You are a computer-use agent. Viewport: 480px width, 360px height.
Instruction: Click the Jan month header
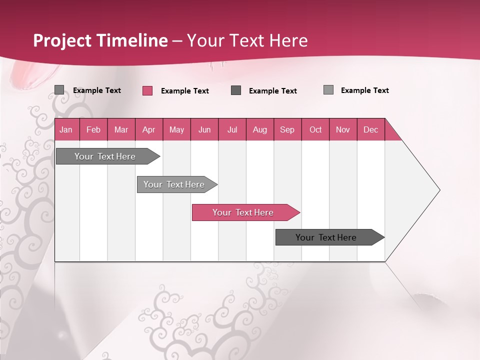tap(66, 129)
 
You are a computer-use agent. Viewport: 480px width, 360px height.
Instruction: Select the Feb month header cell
tap(93, 129)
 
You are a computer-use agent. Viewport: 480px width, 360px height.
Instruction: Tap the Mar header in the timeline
tap(121, 129)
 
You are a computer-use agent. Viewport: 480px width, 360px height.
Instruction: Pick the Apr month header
tap(149, 129)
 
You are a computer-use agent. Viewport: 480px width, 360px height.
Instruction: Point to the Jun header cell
tap(204, 129)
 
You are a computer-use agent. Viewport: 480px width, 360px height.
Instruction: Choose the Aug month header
tap(260, 129)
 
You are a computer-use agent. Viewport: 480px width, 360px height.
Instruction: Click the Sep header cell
tap(287, 129)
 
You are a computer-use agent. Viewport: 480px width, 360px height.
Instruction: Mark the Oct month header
tap(315, 129)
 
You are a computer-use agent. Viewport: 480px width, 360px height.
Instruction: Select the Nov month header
tap(343, 129)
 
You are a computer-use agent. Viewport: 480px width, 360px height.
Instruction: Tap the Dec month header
tap(371, 129)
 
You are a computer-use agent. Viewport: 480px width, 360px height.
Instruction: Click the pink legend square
tap(147, 90)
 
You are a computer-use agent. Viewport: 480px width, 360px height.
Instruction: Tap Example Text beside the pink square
tap(184, 91)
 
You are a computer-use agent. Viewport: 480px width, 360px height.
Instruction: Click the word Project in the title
tap(63, 40)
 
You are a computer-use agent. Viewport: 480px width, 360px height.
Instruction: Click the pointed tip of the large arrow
tap(438, 190)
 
